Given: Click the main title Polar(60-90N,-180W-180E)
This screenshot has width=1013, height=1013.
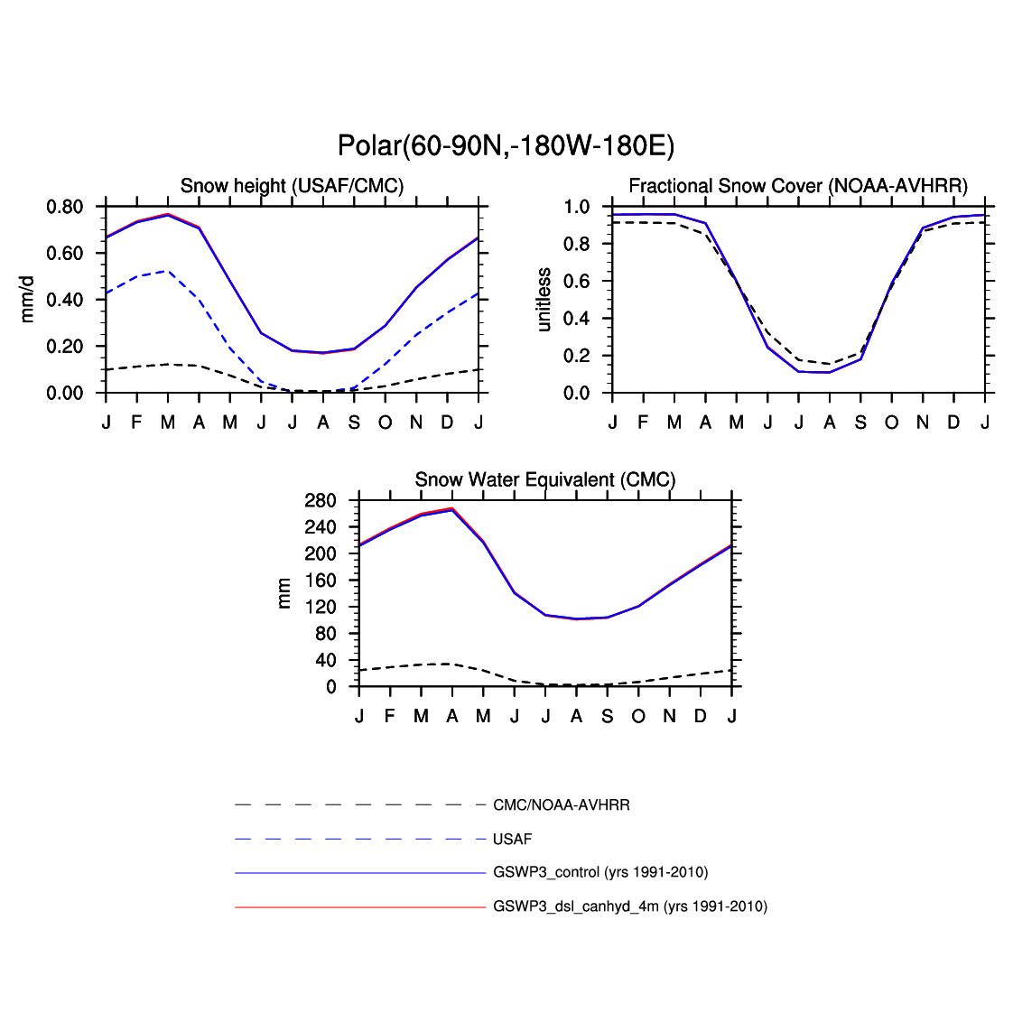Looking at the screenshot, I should (506, 145).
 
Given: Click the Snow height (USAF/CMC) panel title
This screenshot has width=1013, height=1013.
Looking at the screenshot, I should (292, 186).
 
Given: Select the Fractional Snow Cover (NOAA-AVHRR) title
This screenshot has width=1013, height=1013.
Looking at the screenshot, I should (798, 186).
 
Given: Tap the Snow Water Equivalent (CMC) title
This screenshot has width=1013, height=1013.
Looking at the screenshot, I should (545, 480).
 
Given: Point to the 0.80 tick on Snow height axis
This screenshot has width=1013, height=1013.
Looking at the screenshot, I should (64, 207).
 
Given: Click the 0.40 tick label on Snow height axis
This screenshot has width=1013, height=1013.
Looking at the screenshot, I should (64, 300).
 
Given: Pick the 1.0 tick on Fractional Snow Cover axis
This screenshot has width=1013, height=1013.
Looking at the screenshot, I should (577, 207).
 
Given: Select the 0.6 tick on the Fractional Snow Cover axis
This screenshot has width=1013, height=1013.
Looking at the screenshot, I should (577, 282).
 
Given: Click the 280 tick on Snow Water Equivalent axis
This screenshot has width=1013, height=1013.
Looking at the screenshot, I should (321, 501).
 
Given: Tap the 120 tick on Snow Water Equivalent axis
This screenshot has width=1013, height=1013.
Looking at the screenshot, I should (321, 608).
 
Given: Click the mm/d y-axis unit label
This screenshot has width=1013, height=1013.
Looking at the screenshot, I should (27, 300).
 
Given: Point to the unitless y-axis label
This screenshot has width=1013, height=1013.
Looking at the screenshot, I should (544, 300).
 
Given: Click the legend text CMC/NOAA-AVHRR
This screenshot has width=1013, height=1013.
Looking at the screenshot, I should (562, 805).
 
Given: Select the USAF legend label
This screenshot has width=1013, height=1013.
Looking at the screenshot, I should (512, 840).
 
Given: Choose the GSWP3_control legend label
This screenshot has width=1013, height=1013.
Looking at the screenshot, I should (600, 872).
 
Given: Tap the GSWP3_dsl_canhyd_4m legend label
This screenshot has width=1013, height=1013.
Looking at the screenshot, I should (630, 906).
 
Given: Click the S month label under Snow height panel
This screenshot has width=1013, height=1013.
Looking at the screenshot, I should (354, 423).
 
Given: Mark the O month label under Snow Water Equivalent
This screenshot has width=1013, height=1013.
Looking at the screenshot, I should (638, 717).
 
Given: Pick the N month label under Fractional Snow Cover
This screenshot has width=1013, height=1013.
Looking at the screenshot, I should (923, 423).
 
